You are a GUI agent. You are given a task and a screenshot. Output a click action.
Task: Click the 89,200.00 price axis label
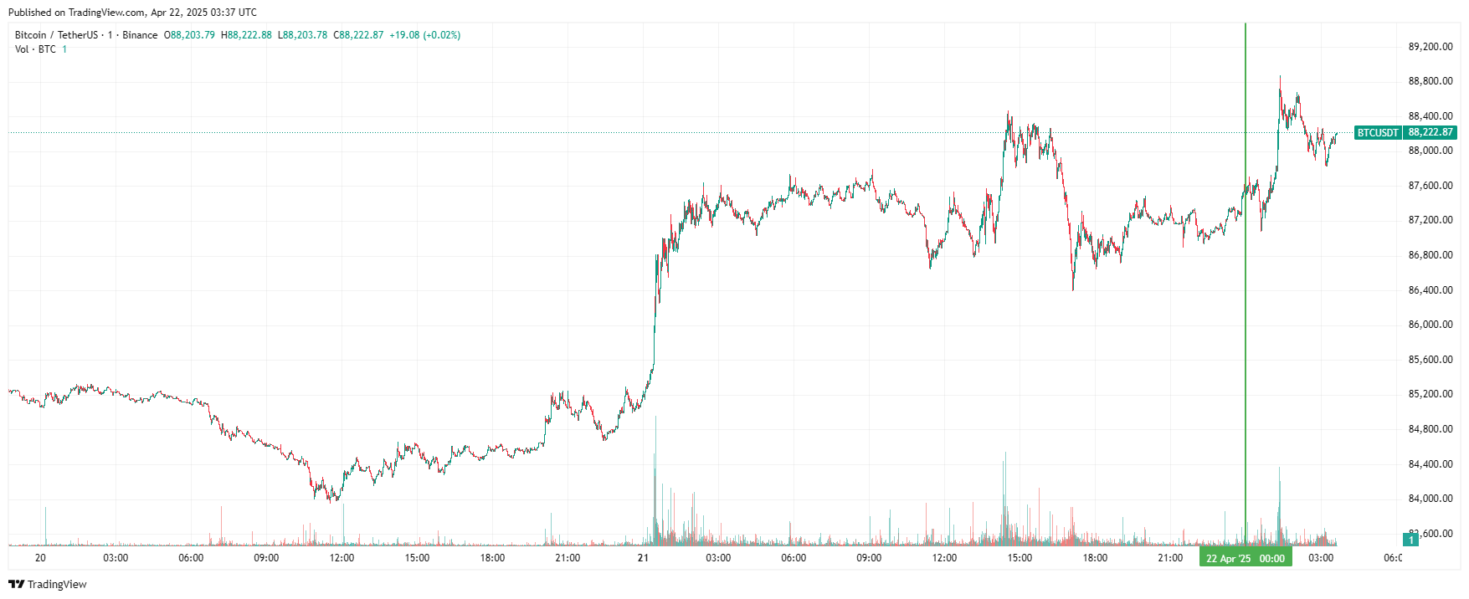[1430, 47]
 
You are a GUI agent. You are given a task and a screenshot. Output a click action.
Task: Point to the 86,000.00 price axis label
[1430, 325]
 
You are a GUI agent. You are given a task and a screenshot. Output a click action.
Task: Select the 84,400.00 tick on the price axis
[1430, 464]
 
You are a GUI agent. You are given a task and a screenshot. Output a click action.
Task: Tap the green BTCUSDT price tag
[1378, 133]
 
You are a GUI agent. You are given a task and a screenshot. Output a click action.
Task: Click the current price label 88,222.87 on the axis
[1430, 133]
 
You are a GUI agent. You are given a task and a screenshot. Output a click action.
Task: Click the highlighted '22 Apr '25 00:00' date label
[1245, 558]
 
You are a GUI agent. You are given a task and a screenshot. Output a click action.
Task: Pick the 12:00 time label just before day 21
[342, 558]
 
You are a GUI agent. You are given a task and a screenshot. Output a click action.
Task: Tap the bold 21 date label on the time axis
[643, 558]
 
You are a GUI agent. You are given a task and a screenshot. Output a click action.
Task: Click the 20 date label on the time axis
[40, 558]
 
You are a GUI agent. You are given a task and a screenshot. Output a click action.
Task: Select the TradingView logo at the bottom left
[48, 584]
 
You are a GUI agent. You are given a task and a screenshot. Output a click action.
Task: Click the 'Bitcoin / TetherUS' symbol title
[56, 35]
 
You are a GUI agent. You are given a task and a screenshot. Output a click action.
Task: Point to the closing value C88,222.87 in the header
[358, 35]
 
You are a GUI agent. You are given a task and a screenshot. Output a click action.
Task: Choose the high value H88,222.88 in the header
[246, 35]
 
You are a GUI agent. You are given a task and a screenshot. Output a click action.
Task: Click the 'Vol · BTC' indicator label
[35, 49]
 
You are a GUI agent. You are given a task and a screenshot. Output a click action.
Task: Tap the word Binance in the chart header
[140, 35]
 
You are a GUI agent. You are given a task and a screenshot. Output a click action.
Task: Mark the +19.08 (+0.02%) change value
[424, 35]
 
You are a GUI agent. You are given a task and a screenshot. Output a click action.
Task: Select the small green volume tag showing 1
[1411, 540]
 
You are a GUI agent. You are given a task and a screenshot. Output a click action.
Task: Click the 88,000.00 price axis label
[1430, 151]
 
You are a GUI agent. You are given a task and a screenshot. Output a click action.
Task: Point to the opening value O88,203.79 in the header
[189, 35]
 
